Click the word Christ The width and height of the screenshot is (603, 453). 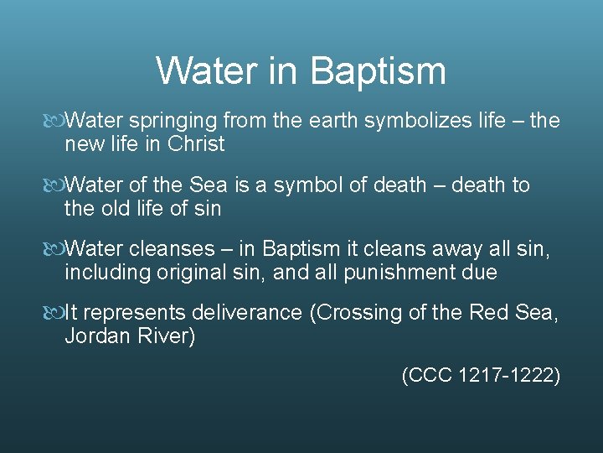click(x=196, y=144)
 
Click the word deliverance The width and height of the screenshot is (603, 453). click(x=246, y=313)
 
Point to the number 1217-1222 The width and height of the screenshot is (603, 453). click(x=509, y=376)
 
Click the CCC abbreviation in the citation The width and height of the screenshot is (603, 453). click(x=430, y=376)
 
